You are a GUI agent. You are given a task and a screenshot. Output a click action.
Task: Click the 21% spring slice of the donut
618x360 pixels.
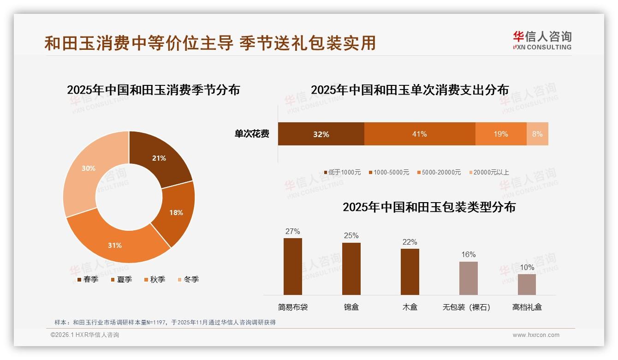point(159,158)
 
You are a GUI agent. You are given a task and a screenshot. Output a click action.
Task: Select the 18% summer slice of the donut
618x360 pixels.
point(176,212)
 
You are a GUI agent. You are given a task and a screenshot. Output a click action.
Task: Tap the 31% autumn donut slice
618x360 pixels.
point(115,245)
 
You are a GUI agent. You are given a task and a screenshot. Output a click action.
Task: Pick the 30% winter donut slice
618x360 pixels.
point(89,168)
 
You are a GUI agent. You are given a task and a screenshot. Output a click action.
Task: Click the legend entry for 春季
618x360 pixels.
point(88,279)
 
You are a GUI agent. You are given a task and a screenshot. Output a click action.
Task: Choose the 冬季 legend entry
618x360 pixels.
point(188,279)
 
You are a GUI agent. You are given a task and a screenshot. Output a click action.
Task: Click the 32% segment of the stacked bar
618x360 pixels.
point(321,134)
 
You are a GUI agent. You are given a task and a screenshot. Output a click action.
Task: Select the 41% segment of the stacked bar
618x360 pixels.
point(419,134)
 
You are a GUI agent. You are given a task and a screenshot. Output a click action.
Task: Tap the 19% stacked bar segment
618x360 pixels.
point(500,134)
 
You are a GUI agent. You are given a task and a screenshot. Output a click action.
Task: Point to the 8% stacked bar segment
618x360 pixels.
point(537,134)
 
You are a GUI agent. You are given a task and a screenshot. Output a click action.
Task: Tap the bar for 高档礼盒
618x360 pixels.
point(527,284)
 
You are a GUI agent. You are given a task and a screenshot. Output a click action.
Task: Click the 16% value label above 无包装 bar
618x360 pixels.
point(468,254)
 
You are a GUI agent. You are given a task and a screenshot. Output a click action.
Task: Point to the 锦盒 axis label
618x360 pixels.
point(351,306)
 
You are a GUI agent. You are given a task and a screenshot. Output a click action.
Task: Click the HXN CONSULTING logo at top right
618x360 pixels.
point(542,40)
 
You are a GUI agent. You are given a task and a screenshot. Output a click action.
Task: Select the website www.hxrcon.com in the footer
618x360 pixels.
point(536,335)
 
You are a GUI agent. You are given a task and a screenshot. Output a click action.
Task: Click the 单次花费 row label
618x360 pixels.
point(252,134)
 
